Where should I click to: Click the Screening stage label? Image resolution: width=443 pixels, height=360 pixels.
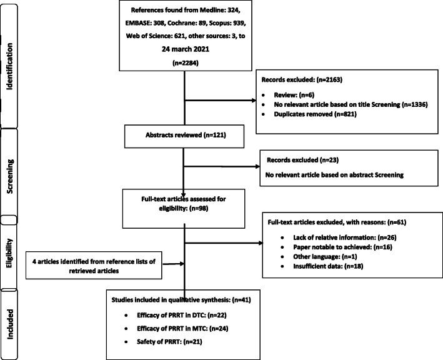coord(11,179)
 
